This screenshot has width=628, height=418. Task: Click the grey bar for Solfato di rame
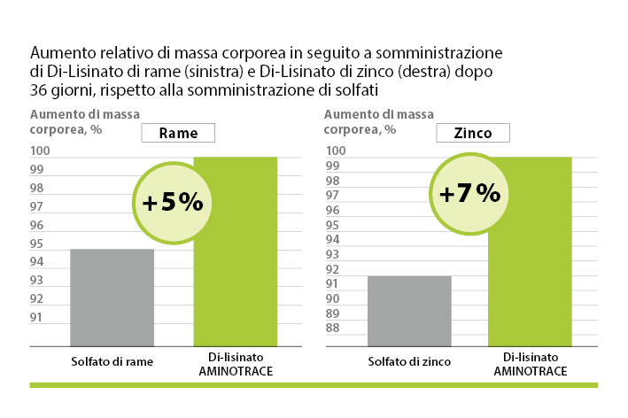click(x=112, y=298)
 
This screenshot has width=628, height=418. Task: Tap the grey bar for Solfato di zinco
click(x=409, y=311)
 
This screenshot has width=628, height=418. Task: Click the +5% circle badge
click(x=173, y=202)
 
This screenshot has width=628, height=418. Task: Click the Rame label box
click(x=178, y=134)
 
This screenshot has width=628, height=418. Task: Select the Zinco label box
click(x=473, y=133)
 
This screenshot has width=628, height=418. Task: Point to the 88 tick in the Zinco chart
click(x=333, y=328)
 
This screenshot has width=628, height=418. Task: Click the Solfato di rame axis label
click(x=112, y=361)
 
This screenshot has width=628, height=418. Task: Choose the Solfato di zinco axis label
click(x=410, y=361)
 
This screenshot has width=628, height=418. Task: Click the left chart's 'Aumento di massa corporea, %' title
click(x=85, y=120)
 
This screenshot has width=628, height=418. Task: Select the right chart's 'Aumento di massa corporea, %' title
click(x=378, y=120)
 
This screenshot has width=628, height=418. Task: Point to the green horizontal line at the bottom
click(x=314, y=385)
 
